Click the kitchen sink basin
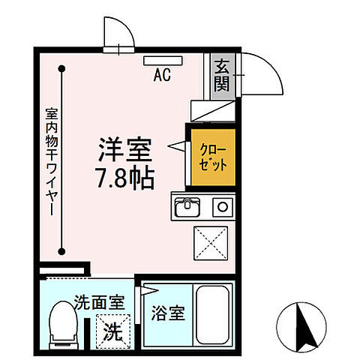coord(187,205)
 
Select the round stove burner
coord(221,205)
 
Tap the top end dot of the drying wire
coord(64,67)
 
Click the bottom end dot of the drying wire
coord(64,253)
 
